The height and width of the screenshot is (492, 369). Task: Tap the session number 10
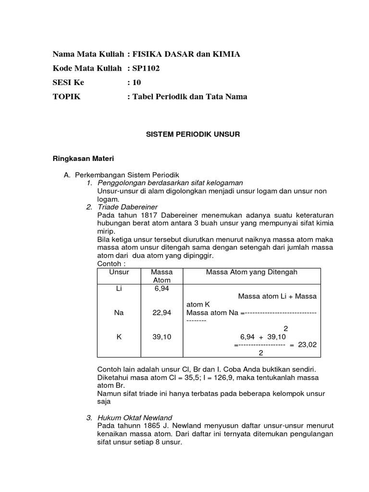click(137, 82)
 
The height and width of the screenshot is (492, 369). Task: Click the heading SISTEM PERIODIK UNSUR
click(193, 135)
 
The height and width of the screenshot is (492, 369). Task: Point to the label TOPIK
click(66, 96)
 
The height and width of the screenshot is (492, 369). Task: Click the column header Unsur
click(119, 272)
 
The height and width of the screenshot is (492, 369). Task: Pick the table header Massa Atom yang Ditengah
click(252, 272)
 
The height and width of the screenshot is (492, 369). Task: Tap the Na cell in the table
click(119, 312)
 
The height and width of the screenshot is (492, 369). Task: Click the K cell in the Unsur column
click(119, 337)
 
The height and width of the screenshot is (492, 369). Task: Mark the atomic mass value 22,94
click(162, 312)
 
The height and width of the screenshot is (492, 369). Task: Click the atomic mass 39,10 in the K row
click(162, 337)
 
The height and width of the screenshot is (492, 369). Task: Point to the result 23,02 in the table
click(307, 344)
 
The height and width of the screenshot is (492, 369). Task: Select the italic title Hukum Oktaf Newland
click(135, 417)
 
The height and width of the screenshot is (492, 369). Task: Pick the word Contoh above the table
click(109, 264)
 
